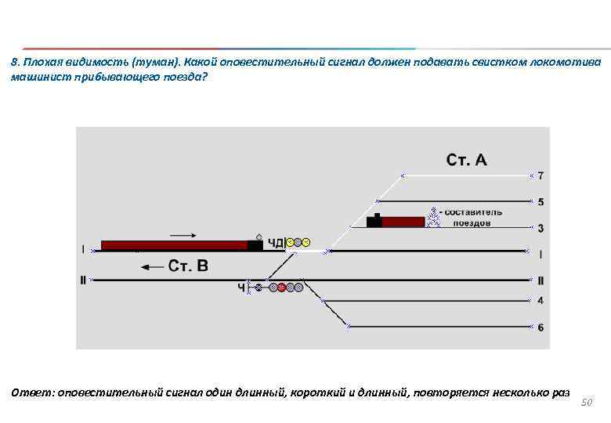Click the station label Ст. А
(466, 160)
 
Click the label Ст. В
(188, 266)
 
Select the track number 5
(540, 202)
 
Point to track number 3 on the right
(540, 228)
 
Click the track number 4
(540, 301)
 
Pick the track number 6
(540, 327)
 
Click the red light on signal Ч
(282, 287)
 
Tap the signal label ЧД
(276, 243)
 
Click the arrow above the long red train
(183, 233)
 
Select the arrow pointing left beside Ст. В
(152, 267)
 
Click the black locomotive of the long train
(255, 245)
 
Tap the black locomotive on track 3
(374, 221)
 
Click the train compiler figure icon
(432, 213)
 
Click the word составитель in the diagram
(473, 211)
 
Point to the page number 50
(588, 402)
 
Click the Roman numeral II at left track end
(83, 280)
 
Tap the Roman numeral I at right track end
(540, 255)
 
